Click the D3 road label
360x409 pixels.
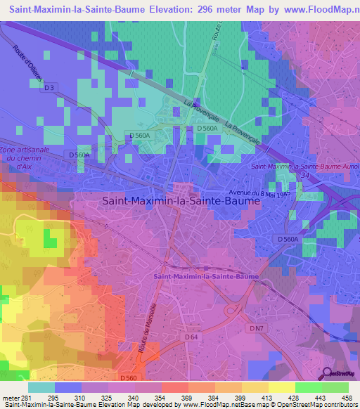49,88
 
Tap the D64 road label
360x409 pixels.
191,337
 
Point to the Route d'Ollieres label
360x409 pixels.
27,63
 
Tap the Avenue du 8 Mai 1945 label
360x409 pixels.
260,193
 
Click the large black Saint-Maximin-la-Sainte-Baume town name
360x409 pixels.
181,200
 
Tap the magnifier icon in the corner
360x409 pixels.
328,374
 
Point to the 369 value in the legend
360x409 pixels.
172,398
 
